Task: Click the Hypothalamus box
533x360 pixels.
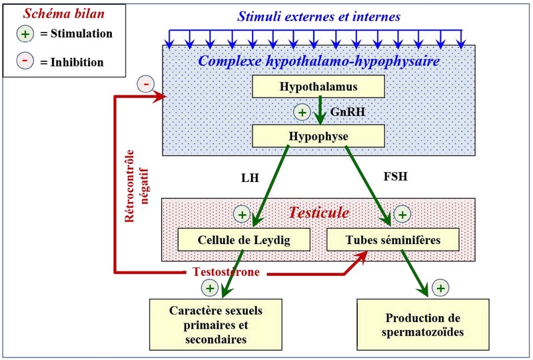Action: coord(318,86)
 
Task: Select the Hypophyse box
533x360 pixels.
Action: coord(318,136)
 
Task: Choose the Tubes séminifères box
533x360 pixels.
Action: coord(393,239)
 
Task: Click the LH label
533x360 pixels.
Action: coord(249,179)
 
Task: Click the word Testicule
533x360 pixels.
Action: coord(318,213)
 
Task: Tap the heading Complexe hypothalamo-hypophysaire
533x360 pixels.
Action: coord(318,61)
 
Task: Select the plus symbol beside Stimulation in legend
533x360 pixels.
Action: coord(25,33)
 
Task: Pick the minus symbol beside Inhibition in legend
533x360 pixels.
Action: coord(25,62)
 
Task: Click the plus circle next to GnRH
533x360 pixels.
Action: coord(302,112)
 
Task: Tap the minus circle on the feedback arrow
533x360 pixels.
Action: coord(146,84)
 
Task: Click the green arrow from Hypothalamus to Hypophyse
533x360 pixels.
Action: coord(321,110)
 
